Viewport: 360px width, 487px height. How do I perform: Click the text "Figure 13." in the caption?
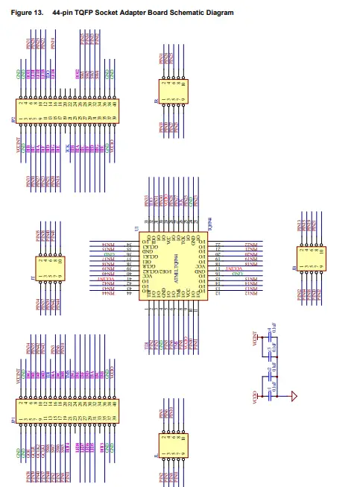pyautogui.click(x=27, y=13)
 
